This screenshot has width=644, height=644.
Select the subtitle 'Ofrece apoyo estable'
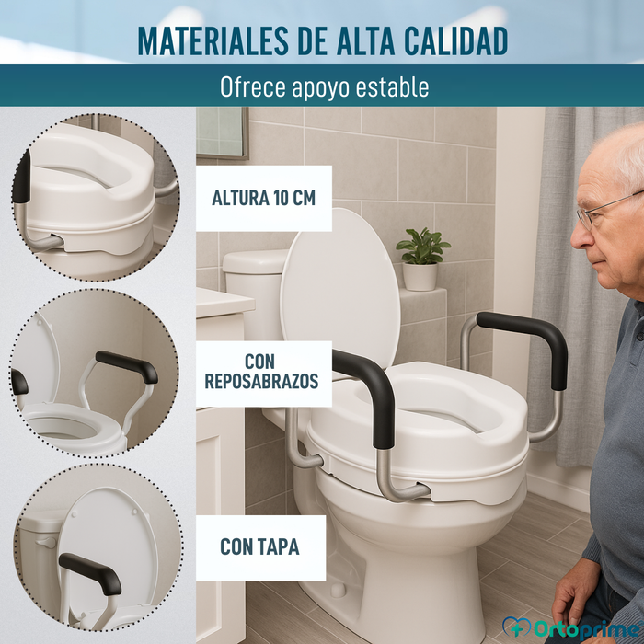pyautogui.click(x=324, y=87)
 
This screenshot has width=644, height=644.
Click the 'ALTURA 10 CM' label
pyautogui.click(x=264, y=199)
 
